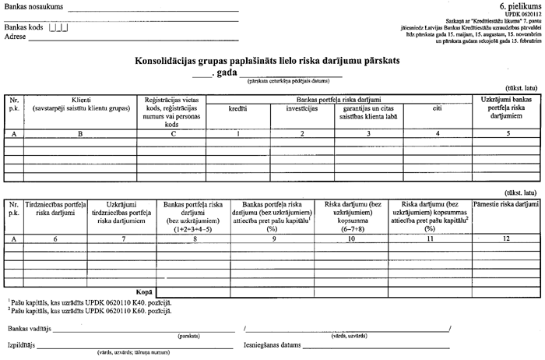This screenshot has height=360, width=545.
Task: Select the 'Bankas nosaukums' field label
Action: point(30,8)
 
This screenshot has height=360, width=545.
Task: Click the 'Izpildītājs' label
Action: point(23,345)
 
